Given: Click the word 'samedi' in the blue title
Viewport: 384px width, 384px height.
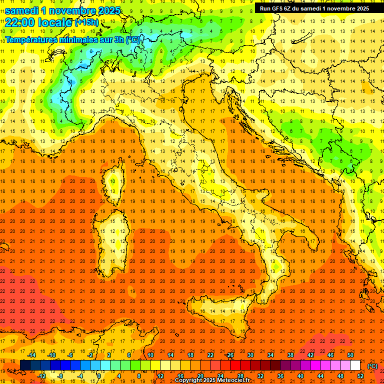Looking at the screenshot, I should [21, 10].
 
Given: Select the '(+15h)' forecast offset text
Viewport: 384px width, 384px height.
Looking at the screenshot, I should [86, 22].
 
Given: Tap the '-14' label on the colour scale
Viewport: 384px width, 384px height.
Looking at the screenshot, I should [32, 355].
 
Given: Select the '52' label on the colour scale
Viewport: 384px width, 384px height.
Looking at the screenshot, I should [360, 375].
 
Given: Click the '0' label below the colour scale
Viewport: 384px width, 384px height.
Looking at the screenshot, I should [99, 375].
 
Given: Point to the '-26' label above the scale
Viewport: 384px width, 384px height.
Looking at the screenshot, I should [229, 355].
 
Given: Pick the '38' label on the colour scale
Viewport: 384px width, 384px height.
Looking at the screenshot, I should [290, 355].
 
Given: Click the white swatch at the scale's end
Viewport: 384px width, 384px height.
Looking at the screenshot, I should [355, 365].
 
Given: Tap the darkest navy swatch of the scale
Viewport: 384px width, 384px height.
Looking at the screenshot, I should [25, 365].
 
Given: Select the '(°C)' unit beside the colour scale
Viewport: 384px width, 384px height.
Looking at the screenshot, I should [372, 365].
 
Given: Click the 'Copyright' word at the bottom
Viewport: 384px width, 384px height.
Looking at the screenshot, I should [190, 380].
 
